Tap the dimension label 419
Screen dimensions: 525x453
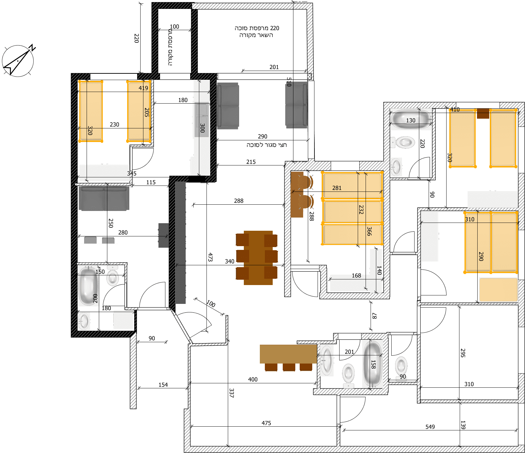coord(143,88)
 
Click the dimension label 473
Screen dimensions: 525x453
coord(210,257)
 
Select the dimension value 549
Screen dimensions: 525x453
coord(430,427)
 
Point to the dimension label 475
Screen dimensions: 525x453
coord(266,423)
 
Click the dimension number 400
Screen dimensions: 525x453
coord(253,380)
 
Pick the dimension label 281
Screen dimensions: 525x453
coord(337,188)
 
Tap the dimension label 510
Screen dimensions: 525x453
coord(289,82)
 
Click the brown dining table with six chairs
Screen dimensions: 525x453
coord(257,258)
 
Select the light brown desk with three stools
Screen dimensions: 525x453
coord(288,358)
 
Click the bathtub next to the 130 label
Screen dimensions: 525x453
coord(411,119)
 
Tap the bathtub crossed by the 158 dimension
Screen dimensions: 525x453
coord(372,364)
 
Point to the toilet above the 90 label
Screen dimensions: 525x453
coord(401,366)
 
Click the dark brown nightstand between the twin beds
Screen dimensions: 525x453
coord(483,113)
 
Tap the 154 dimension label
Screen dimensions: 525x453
coord(163,385)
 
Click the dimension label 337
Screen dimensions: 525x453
coord(232,393)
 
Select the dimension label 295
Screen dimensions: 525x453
coord(463,353)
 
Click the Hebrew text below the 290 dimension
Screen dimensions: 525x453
coord(267,145)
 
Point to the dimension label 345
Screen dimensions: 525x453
coord(132,174)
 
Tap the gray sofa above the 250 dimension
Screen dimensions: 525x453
coord(104,198)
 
